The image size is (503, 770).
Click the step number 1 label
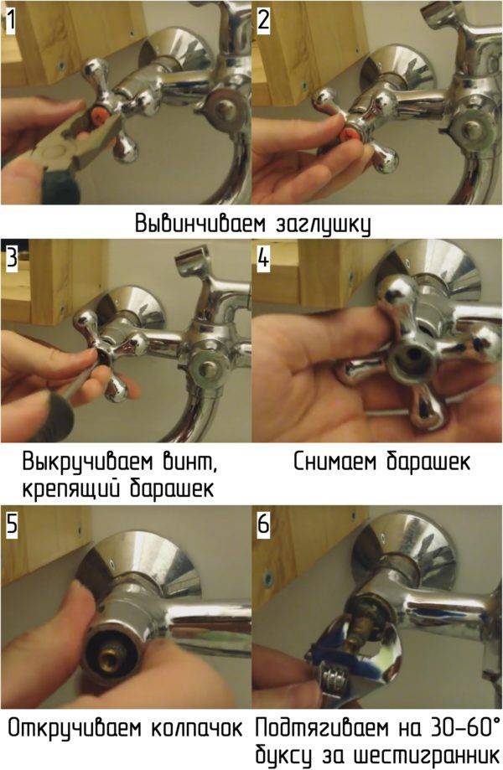point(10,21)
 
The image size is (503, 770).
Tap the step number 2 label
point(263,21)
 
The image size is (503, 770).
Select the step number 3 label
point(12,258)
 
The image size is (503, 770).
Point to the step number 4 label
point(264,258)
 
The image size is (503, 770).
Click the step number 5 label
point(12,524)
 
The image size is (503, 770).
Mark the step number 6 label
point(264,524)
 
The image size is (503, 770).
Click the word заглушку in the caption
point(323,225)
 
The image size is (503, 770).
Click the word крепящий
point(70,489)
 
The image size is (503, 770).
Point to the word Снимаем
point(336,463)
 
